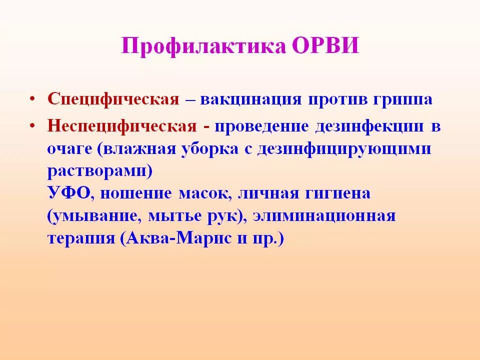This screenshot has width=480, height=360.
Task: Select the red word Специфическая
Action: (x=113, y=99)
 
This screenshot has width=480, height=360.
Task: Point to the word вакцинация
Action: (x=250, y=99)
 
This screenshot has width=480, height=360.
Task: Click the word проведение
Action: (x=262, y=126)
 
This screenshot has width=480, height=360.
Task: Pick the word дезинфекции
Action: (x=369, y=126)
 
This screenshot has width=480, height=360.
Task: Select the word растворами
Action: (x=100, y=171)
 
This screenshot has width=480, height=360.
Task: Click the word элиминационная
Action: (x=324, y=216)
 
